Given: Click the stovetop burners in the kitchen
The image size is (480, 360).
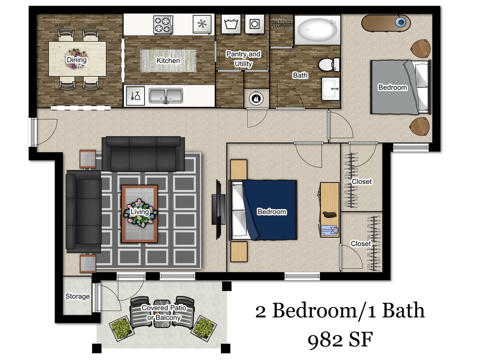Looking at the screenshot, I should (163, 24).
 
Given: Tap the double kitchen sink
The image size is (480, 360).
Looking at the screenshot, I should (166, 96).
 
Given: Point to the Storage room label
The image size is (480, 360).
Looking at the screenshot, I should (77, 296).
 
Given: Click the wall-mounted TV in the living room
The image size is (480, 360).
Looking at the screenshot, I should (217, 209).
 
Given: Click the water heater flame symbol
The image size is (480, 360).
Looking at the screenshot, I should (256, 98).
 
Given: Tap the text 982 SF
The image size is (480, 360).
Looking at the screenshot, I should (340, 340).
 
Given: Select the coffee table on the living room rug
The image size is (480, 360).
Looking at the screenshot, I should (140, 213).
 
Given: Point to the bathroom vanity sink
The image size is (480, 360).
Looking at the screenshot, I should (331, 89).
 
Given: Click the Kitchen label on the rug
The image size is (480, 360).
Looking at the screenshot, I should (168, 61).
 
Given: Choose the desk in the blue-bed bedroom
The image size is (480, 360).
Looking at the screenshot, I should (329, 209).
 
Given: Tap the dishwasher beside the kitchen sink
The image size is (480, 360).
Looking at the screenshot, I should (136, 96).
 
